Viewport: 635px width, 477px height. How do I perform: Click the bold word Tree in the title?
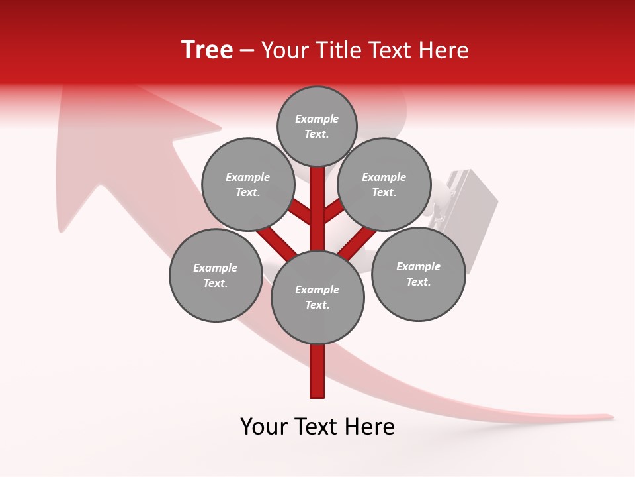coord(207,50)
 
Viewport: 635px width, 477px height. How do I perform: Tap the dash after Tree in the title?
coord(247,51)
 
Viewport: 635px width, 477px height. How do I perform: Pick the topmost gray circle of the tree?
coord(317,126)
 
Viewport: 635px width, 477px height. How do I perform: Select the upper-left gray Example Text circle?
coord(247,184)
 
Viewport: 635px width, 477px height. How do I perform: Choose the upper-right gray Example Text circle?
coord(384,184)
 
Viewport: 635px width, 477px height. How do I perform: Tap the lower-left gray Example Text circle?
coord(215,275)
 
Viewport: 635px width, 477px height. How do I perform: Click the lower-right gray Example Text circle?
coord(418,274)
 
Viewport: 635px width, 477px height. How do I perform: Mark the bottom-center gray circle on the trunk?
coord(317,297)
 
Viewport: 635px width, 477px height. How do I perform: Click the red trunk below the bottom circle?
coord(317,371)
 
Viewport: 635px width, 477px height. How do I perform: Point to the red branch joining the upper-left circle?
coord(301,213)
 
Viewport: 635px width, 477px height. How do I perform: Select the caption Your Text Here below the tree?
coord(317,427)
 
